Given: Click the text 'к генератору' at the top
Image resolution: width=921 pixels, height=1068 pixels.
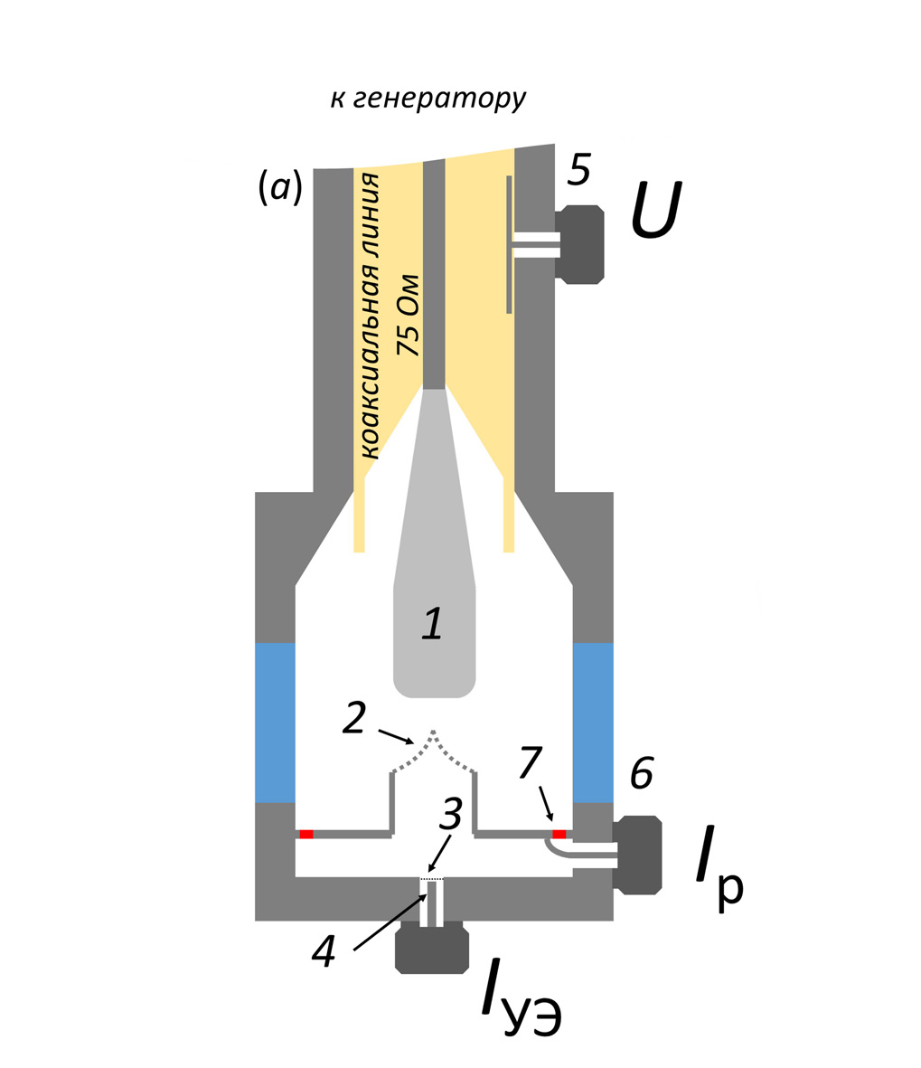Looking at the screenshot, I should (428, 99).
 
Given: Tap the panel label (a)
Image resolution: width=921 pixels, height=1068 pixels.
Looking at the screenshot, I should (280, 187).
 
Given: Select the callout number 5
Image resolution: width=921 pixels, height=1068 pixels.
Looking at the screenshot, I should (579, 171).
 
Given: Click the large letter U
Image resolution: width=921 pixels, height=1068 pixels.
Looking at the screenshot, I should (656, 210).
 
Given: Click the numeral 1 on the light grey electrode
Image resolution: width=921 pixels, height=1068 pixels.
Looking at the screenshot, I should (433, 623).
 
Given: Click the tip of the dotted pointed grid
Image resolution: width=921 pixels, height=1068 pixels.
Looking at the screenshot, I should (434, 731).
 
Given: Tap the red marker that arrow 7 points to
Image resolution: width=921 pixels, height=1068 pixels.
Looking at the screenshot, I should (559, 834).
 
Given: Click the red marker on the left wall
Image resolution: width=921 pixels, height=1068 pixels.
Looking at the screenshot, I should (306, 834).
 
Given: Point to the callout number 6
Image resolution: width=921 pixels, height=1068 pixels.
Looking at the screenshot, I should (642, 773).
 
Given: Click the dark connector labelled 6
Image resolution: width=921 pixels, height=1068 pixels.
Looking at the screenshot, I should (638, 855).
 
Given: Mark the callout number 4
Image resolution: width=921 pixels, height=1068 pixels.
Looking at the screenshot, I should (324, 950).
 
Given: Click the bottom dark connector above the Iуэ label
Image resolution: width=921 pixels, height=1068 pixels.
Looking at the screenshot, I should (432, 950).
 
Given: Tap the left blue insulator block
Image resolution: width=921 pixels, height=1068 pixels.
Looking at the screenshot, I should (275, 722).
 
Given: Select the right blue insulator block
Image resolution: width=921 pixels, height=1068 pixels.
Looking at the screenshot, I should (593, 722).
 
